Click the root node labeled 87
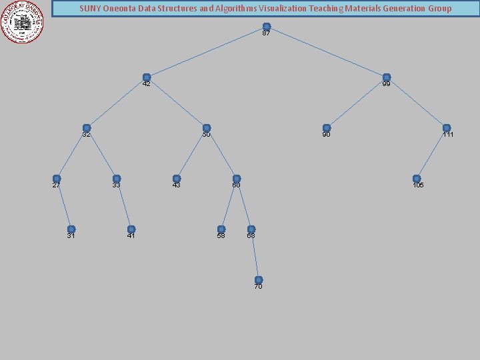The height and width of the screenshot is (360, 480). (267, 27)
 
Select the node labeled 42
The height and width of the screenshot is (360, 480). (147, 77)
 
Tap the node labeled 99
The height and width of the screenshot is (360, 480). (386, 77)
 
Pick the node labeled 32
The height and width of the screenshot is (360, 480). (87, 128)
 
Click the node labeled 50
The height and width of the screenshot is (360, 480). (207, 128)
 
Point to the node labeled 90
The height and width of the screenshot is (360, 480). (327, 128)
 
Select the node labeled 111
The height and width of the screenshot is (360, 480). (447, 128)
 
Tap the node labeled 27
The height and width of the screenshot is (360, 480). (57, 179)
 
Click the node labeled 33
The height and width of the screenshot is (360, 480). (117, 179)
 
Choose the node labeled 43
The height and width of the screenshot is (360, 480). (177, 179)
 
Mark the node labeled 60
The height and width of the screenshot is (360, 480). (237, 179)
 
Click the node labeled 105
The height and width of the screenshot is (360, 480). (417, 179)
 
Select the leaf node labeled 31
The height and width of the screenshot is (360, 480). (71, 229)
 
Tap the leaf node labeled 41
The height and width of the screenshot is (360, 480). (131, 229)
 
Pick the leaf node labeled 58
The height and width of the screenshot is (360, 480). (221, 229)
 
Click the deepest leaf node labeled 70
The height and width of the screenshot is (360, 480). (259, 280)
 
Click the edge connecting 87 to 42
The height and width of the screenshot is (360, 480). (207, 52)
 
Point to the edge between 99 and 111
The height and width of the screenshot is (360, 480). (417, 103)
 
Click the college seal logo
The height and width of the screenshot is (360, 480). (23, 22)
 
